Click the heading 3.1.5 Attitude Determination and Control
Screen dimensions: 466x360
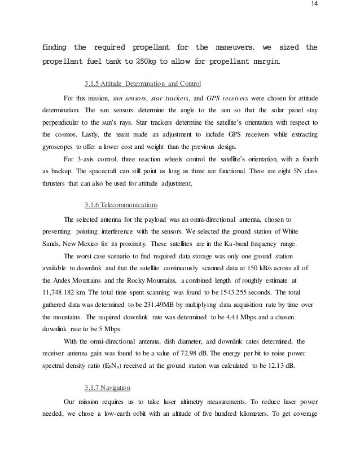coord(142,85)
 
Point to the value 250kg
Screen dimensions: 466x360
coord(144,61)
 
